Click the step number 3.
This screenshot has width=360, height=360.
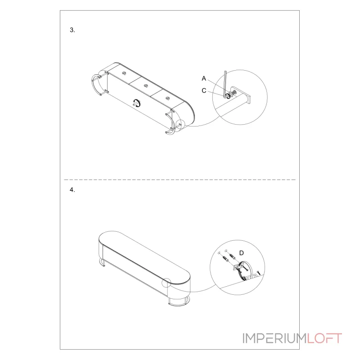[72, 30]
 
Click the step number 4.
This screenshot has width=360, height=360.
[72, 190]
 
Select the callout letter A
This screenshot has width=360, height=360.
[204, 78]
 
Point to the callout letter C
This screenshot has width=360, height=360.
[204, 91]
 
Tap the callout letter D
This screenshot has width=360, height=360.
[241, 253]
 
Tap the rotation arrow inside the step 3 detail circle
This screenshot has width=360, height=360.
[228, 96]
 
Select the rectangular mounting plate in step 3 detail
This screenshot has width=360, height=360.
[249, 99]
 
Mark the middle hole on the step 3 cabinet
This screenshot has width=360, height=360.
[146, 86]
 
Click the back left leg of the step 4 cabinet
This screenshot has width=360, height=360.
[102, 262]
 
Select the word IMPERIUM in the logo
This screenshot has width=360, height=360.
[274, 338]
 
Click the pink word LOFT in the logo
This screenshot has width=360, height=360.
[324, 338]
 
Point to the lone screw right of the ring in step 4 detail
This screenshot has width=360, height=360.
[258, 273]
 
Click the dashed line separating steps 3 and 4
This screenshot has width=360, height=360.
[180, 180]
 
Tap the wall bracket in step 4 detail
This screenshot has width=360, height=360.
[238, 266]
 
